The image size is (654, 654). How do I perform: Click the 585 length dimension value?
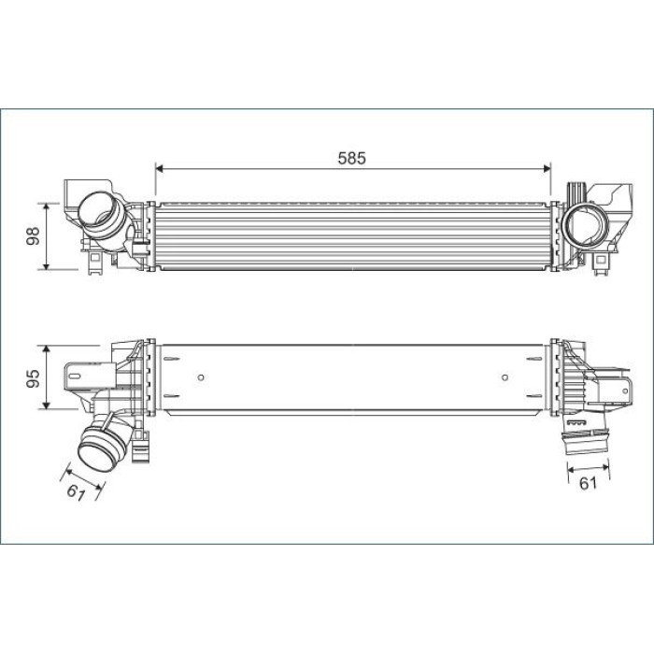pyautogui.click(x=351, y=158)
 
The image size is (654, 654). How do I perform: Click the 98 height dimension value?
pyautogui.click(x=33, y=236)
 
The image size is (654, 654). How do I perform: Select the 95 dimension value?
pyautogui.click(x=33, y=377)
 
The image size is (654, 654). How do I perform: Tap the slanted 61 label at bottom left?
pyautogui.click(x=76, y=492)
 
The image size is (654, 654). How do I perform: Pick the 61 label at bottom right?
pyautogui.click(x=588, y=483)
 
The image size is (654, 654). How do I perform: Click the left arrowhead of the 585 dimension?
pyautogui.click(x=159, y=168)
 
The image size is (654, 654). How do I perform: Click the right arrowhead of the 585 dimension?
pyautogui.click(x=547, y=168)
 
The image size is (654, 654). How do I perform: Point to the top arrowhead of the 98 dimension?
pyautogui.click(x=47, y=206)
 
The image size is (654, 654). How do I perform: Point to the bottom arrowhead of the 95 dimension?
pyautogui.click(x=47, y=405)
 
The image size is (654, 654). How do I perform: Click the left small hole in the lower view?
pyautogui.click(x=201, y=377)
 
